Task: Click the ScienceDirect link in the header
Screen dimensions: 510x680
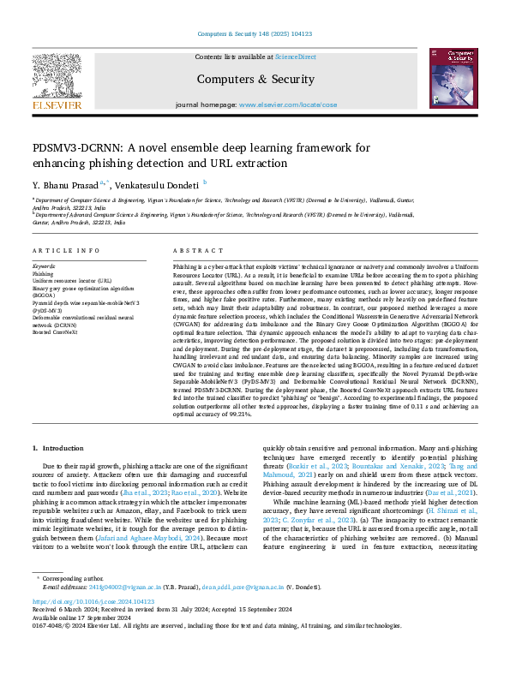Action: coord(295,57)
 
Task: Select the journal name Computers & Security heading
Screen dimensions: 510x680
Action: coord(255,79)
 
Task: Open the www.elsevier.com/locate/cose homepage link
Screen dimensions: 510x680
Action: coord(288,104)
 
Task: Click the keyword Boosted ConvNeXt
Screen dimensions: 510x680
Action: coord(56,332)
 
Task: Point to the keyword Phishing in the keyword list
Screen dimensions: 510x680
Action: coord(43,274)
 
